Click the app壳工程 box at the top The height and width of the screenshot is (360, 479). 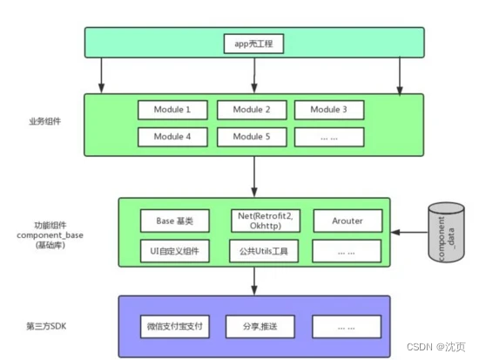(253, 41)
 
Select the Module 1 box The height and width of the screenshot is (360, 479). (172, 110)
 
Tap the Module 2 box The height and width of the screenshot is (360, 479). (251, 110)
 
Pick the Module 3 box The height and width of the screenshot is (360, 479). (329, 110)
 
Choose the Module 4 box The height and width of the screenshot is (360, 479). (172, 137)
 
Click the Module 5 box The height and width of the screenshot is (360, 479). (251, 137)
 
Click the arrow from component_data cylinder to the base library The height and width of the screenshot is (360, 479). (408, 233)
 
